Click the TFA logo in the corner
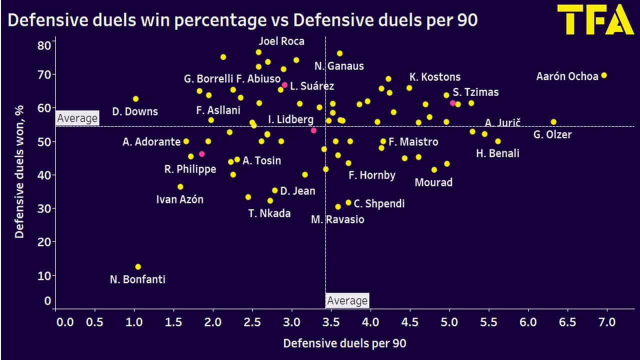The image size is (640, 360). (x=595, y=20)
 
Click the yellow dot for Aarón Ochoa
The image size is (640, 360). (x=604, y=75)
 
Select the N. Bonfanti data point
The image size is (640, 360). (x=138, y=267)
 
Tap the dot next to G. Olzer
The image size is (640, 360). (x=553, y=122)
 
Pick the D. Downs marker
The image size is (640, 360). (x=135, y=99)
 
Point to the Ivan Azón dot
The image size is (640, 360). (x=180, y=187)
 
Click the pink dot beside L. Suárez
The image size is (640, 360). (x=284, y=85)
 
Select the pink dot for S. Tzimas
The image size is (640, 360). (x=452, y=103)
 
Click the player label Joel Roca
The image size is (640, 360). (x=281, y=41)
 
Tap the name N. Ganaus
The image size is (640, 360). (x=339, y=66)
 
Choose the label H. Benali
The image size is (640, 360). (x=497, y=153)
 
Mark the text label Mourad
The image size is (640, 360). (x=433, y=182)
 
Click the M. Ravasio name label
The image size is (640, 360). (x=337, y=219)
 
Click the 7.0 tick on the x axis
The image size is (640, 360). (x=607, y=321)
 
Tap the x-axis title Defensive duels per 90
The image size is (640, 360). (x=344, y=343)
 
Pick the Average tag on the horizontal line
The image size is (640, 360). (x=77, y=118)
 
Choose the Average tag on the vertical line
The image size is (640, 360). (x=347, y=300)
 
